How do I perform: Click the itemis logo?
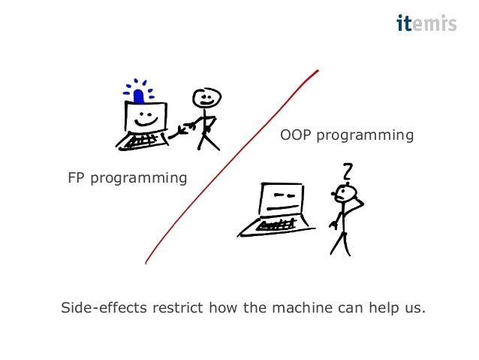[426, 24]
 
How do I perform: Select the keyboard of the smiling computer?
[142, 141]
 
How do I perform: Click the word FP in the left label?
[77, 178]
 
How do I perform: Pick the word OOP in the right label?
[295, 135]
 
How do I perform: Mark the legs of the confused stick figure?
[340, 243]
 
